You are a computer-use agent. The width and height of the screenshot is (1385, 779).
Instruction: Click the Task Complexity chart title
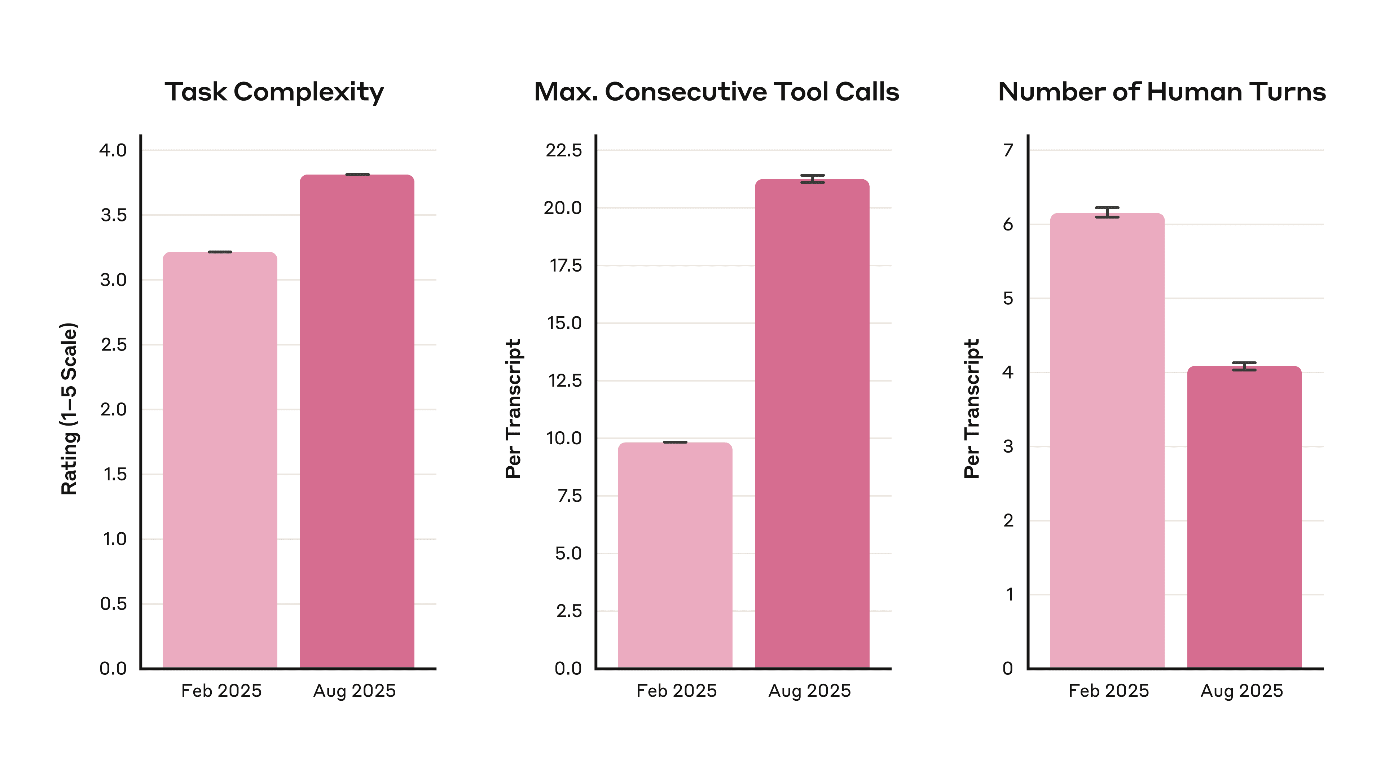274,92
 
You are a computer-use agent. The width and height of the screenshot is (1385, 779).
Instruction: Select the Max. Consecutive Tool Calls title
716,92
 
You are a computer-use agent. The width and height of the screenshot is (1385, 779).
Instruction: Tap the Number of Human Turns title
1161,92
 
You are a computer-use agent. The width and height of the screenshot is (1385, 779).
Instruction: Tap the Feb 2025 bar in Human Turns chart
1107,441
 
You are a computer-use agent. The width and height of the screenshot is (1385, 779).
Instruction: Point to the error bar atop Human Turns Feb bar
1107,212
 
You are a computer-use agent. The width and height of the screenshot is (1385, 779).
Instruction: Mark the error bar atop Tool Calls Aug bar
812,179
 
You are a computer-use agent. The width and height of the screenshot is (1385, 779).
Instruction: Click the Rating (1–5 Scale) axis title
69,409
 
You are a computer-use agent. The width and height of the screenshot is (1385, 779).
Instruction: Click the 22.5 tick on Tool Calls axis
563,150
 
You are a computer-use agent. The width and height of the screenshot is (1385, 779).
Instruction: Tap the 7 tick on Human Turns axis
1008,150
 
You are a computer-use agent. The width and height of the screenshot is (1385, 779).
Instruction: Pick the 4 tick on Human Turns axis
1008,373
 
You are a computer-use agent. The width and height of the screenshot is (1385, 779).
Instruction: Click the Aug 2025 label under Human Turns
1241,691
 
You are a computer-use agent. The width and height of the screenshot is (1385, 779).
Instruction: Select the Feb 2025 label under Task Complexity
221,691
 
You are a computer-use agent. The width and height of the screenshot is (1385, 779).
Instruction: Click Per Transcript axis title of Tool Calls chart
514,409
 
